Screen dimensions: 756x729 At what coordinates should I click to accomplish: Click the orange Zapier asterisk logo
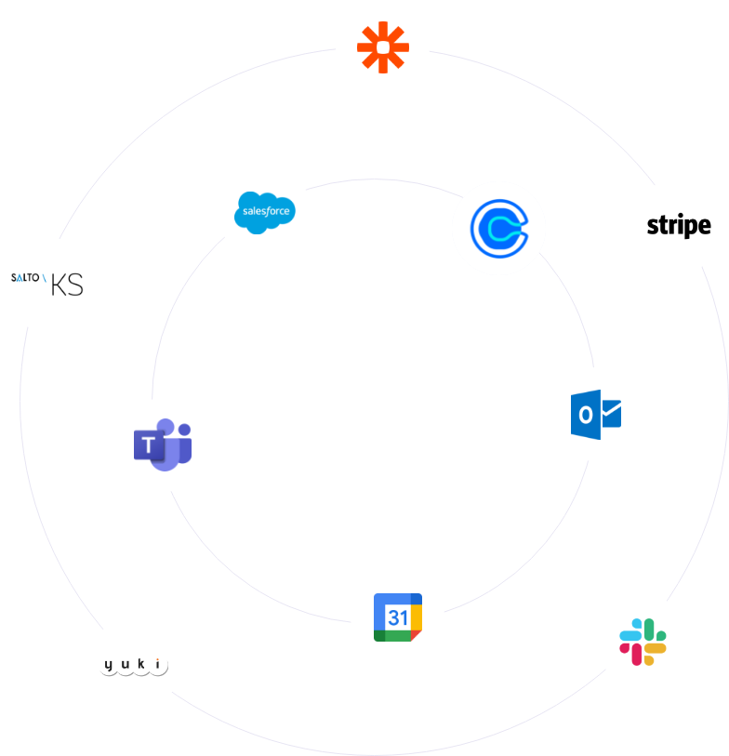[x=382, y=46]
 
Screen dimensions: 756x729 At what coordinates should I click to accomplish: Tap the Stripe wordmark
[x=679, y=225]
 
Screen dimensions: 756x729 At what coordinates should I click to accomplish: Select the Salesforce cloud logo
[x=265, y=211]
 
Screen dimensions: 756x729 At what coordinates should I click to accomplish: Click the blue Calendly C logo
[x=498, y=229]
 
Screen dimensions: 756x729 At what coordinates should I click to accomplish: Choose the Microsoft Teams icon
[x=163, y=444]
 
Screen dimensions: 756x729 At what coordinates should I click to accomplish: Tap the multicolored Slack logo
[x=643, y=642]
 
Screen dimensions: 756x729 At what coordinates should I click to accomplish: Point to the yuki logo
[x=134, y=665]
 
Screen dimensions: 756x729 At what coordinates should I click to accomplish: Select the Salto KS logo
[x=46, y=284]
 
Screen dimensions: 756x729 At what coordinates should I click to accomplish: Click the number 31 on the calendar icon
[x=397, y=618]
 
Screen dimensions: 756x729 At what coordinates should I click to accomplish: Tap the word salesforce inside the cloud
[x=266, y=212]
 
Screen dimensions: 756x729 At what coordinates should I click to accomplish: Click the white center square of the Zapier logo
[x=382, y=46]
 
